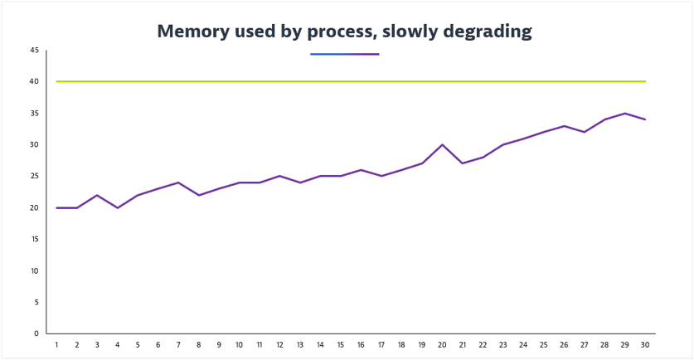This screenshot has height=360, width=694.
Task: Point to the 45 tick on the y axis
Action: tap(34, 51)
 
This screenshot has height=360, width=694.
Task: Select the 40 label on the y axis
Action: tap(34, 82)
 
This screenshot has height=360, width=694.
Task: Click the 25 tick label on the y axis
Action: tap(34, 177)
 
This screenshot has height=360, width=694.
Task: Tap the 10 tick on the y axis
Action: tap(34, 271)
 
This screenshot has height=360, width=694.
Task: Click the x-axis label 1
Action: tap(56, 345)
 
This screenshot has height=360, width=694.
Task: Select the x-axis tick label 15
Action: tap(340, 345)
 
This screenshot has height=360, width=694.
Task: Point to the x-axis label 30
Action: tap(645, 345)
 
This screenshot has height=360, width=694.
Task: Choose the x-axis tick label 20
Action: tap(442, 345)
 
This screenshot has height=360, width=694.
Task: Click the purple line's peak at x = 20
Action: tap(442, 145)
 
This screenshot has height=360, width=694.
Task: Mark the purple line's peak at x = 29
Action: tap(625, 114)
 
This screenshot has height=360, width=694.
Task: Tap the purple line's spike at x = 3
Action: tap(97, 195)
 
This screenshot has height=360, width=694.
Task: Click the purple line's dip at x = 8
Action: tap(198, 195)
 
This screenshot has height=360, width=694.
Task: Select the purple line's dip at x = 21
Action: tap(463, 163)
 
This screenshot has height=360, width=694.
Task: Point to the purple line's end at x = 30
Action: tap(645, 119)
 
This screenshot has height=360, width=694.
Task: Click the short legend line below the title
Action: tap(344, 54)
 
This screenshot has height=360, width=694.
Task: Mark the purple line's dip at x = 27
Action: tap(585, 132)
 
